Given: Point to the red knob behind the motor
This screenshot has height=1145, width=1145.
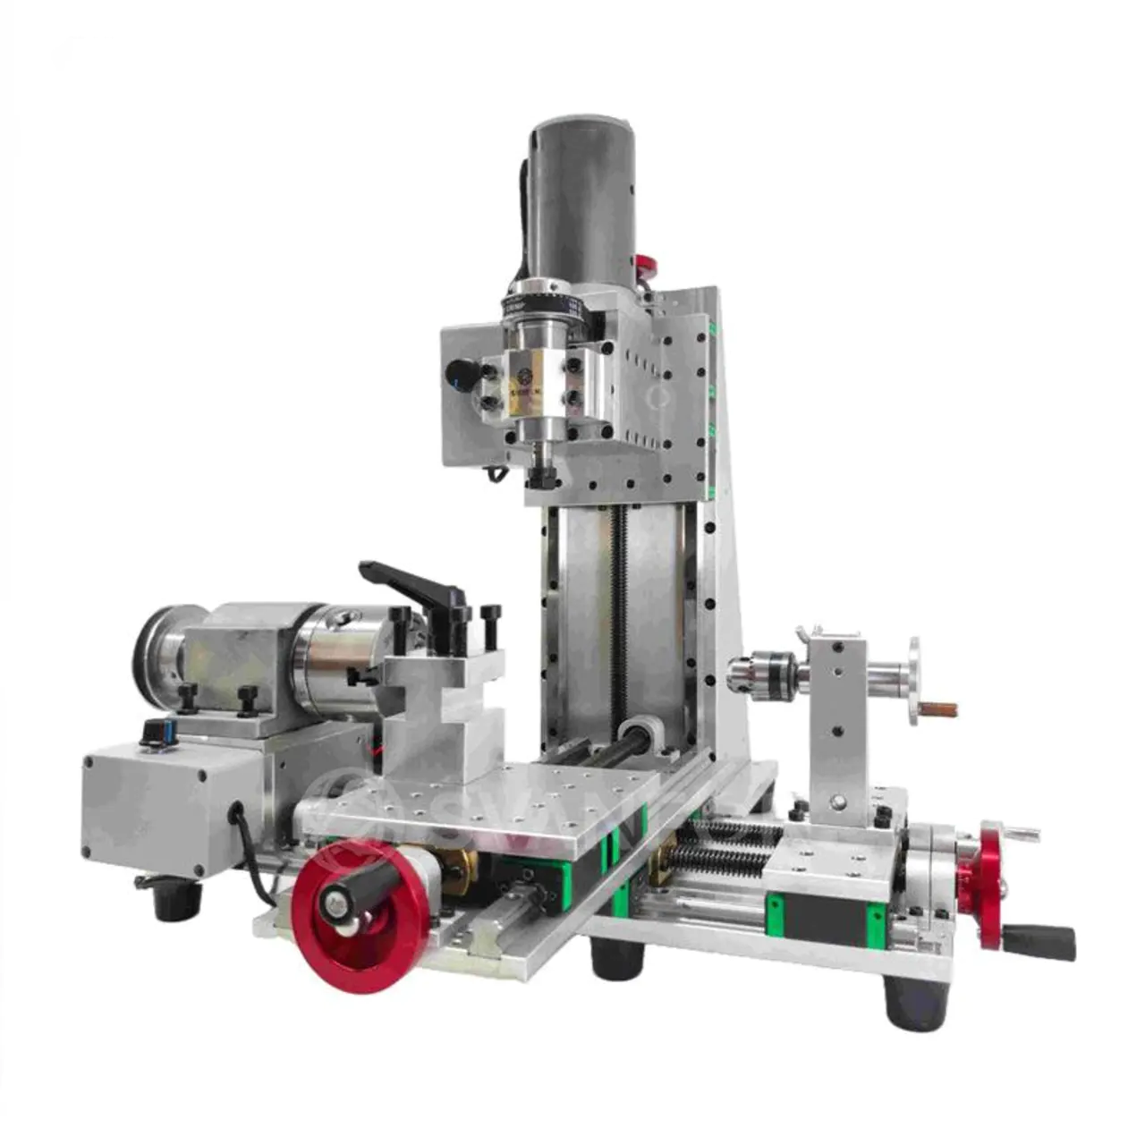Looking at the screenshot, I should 645,267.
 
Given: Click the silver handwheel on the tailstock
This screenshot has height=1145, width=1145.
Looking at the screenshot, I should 912,681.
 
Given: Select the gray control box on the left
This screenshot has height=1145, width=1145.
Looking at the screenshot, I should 170,805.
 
